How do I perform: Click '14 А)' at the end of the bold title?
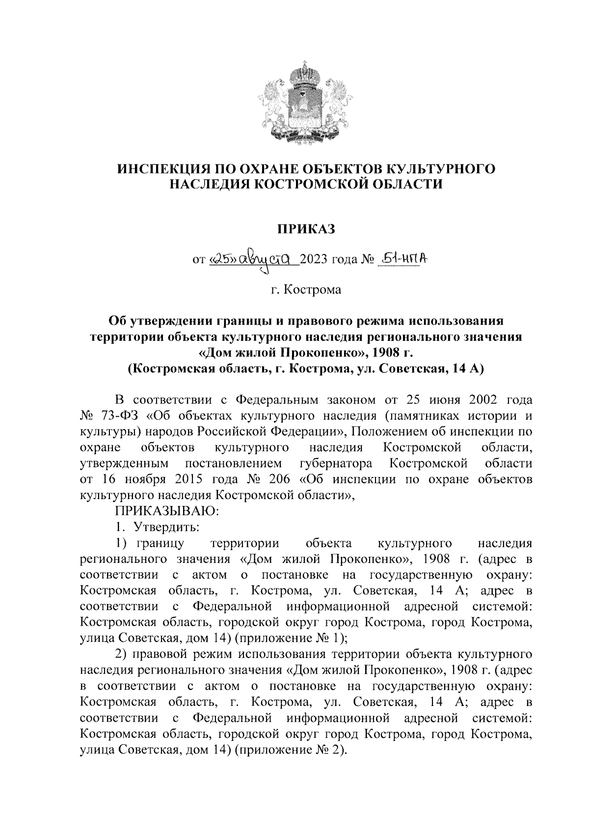click(x=465, y=369)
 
